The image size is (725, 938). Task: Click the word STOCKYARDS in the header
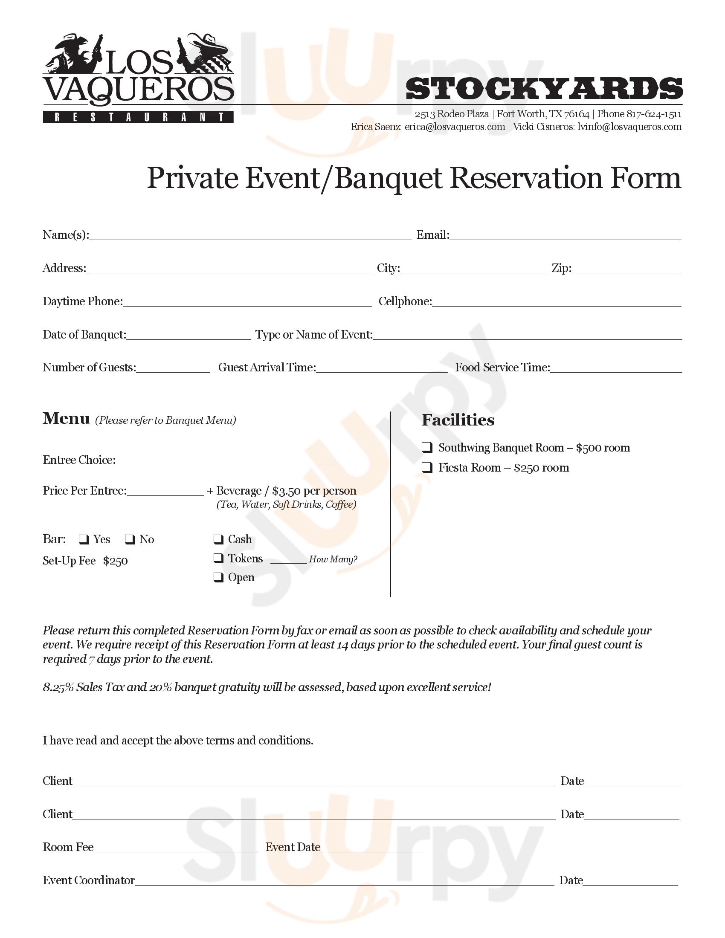click(x=544, y=89)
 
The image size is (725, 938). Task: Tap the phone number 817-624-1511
click(x=654, y=114)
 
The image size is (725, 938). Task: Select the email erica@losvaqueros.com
click(x=455, y=127)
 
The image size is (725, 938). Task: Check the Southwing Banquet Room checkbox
click(x=427, y=448)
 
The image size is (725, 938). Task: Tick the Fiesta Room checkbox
click(x=427, y=467)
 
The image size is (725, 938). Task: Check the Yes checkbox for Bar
click(x=84, y=539)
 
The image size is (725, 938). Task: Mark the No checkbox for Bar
click(x=130, y=539)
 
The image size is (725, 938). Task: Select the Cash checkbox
click(x=219, y=539)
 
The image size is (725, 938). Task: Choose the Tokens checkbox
click(x=219, y=559)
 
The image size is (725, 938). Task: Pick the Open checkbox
click(x=219, y=578)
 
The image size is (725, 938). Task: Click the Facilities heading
click(x=458, y=420)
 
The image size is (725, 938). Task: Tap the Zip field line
click(x=626, y=271)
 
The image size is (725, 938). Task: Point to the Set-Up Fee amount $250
click(x=115, y=562)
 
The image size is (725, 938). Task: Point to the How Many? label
click(x=333, y=559)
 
